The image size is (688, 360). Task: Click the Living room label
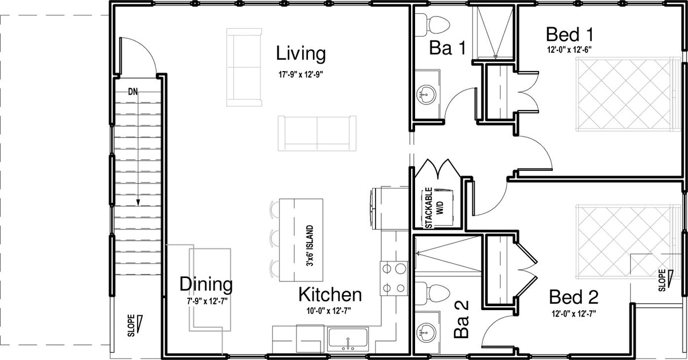[x=300, y=54]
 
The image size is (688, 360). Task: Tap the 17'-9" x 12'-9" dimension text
[x=302, y=75]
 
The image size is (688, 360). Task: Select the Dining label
[x=206, y=284]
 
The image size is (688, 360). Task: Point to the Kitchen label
[x=330, y=295]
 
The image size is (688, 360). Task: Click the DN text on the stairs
[x=133, y=92]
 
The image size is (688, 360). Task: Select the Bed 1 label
[x=570, y=34]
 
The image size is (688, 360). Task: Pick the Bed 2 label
[x=574, y=297]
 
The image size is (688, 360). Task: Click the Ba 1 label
[x=448, y=48]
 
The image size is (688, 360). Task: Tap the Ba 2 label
[x=462, y=319]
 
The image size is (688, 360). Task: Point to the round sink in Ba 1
[x=425, y=95]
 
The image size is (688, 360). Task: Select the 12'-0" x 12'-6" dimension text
[x=569, y=50]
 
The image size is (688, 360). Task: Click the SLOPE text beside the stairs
[x=131, y=326]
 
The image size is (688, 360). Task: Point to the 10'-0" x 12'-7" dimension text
[x=329, y=311]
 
